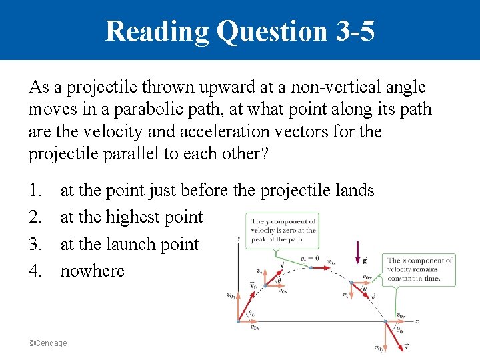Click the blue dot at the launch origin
[x=238, y=322]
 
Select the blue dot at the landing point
[x=387, y=322]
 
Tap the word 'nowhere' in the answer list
[x=92, y=271]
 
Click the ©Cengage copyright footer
[x=47, y=343]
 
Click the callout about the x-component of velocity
[x=421, y=269]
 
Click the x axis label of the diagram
[x=417, y=321]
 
